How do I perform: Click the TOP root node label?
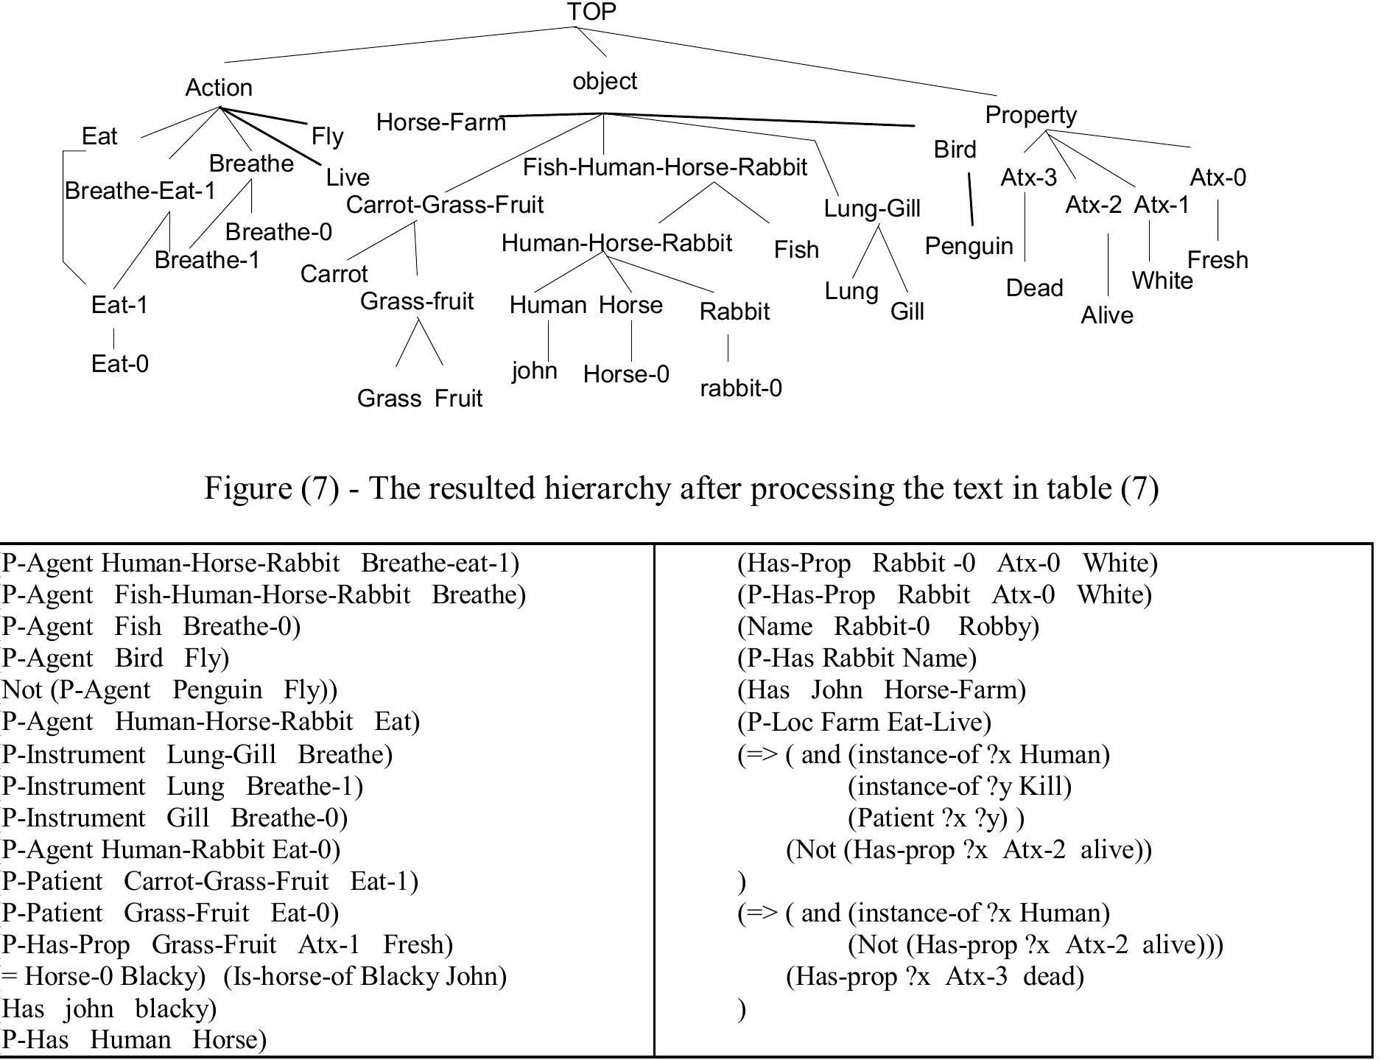point(591,12)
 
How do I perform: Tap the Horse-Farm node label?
point(440,122)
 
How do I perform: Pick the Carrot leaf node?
point(334,274)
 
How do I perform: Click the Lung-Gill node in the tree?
point(872,208)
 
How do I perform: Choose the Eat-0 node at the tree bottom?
point(119,364)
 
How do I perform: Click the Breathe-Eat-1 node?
point(140,191)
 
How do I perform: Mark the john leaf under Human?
point(534,371)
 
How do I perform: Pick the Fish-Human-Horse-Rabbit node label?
point(665,168)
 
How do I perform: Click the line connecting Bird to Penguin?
point(971,199)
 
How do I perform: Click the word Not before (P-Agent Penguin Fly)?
point(22,690)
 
